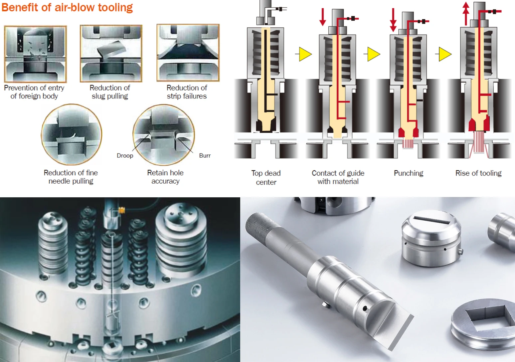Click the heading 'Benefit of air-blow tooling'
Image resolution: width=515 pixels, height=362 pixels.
[x=67, y=7]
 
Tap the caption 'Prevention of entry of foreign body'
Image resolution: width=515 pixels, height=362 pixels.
[x=34, y=92]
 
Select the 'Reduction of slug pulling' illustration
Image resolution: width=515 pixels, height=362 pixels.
[x=111, y=53]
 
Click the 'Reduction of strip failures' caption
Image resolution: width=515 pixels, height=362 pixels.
[x=187, y=92]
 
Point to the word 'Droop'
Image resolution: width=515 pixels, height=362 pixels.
[x=125, y=156]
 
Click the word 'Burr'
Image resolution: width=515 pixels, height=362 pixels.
[x=205, y=156]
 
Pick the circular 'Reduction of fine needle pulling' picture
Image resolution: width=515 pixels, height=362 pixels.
[x=72, y=134]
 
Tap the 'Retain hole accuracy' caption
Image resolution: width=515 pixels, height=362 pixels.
[x=165, y=177]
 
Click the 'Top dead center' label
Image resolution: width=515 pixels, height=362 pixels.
[x=266, y=177]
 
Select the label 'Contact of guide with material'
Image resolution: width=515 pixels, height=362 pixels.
[x=338, y=177]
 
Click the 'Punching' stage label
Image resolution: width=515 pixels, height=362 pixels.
[x=408, y=173]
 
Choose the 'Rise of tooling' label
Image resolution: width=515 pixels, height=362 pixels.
[x=478, y=173]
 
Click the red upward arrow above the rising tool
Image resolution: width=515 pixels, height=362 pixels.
[x=466, y=13]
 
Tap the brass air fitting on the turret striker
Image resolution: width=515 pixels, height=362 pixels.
[x=121, y=210]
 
